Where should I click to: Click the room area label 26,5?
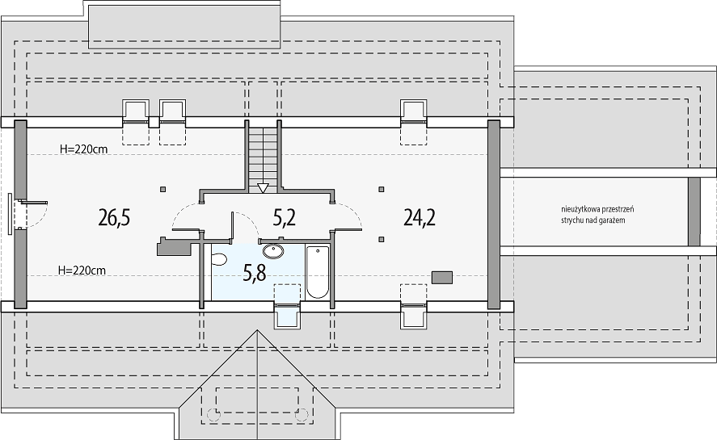point(114,217)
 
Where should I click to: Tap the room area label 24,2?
point(420,217)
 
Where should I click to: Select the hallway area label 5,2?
point(285,217)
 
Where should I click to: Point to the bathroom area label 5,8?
point(255,273)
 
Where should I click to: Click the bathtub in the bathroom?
point(318,272)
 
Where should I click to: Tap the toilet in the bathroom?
point(219,260)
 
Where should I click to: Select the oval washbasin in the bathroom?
point(273,251)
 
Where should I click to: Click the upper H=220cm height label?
point(84,149)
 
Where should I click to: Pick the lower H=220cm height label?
point(82,270)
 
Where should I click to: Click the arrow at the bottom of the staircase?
point(263,188)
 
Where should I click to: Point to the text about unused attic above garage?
point(597,215)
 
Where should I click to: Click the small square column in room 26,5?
point(163,189)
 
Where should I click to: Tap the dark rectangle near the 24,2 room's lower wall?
point(442,278)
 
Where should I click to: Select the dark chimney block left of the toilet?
point(174,247)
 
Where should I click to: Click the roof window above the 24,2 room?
point(414,112)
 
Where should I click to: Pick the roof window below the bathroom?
point(287,315)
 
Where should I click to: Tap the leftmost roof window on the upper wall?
point(136,112)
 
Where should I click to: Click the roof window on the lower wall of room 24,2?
point(414,315)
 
